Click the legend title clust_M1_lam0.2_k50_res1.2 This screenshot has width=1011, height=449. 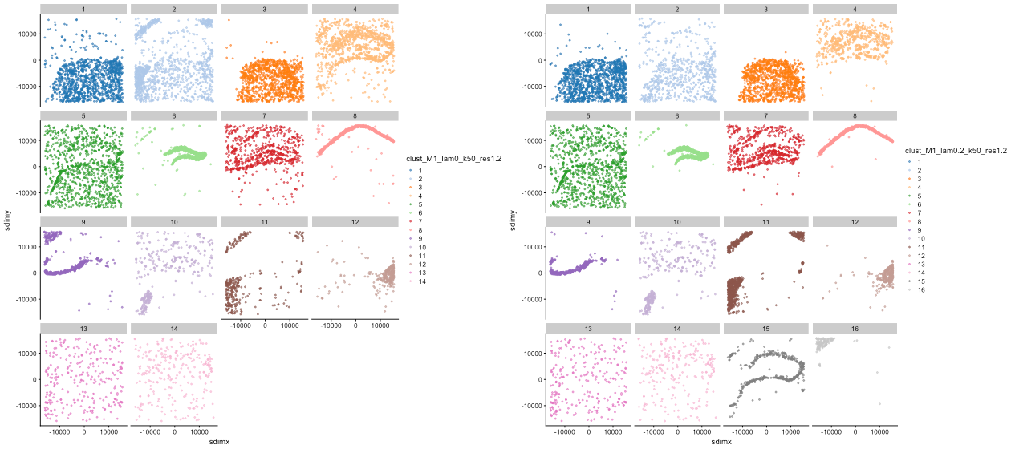[x=954, y=150]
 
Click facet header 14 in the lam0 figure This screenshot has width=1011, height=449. [x=174, y=329]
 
